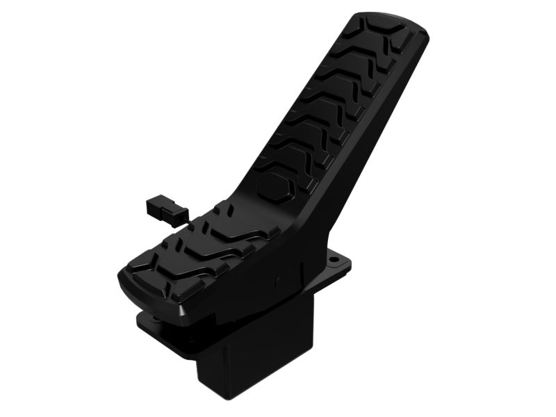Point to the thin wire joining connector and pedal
point(182,218)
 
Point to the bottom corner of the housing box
point(222,399)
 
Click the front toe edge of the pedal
point(149,292)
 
